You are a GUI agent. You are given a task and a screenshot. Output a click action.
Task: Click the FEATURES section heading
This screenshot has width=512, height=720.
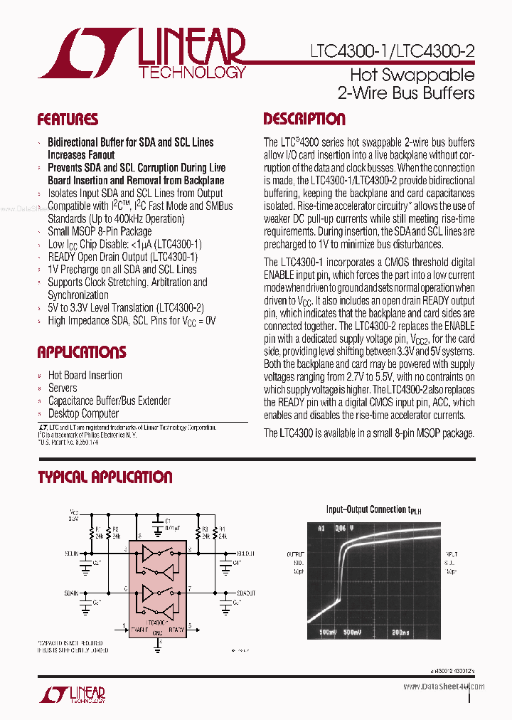[x=68, y=120]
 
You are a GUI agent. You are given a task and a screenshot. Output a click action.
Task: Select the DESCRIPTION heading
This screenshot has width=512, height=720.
[x=304, y=120]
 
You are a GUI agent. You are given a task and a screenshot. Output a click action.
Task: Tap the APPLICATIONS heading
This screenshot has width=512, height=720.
[x=82, y=352]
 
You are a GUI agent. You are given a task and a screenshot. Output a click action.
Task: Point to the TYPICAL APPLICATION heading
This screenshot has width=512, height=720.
[x=105, y=477]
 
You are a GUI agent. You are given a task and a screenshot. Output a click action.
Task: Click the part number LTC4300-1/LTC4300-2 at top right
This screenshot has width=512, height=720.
[x=393, y=51]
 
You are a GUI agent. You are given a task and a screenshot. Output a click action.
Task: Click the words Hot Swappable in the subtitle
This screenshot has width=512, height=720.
[x=412, y=75]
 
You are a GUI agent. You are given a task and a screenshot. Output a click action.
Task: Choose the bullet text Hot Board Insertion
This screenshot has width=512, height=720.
[x=85, y=375]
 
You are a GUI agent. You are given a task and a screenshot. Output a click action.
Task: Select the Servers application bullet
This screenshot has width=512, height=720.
[x=63, y=388]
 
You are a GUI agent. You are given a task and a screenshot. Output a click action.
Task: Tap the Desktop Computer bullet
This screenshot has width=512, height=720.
[x=83, y=413]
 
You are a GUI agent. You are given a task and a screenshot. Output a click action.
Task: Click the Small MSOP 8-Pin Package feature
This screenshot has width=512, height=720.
[x=100, y=231]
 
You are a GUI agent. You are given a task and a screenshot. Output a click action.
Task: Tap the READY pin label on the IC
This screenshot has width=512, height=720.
[x=176, y=630]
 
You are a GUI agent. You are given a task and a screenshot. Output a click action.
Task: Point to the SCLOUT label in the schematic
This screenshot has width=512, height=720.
[x=245, y=552]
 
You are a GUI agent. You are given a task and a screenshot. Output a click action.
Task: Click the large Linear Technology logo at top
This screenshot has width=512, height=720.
[x=142, y=53]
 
